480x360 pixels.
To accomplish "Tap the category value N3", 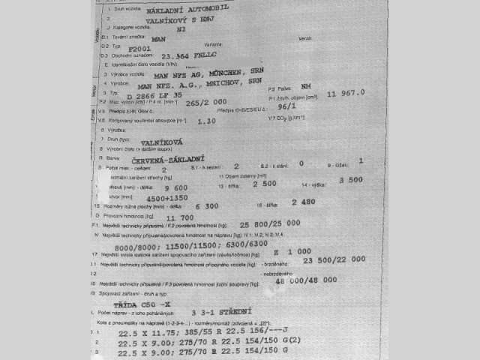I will click(180, 31).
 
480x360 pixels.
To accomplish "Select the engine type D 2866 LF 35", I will click(154, 97).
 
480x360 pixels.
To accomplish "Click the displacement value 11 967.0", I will click(346, 93).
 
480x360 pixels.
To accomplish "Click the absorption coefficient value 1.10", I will click(205, 120).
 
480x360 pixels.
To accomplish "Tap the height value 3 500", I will click(350, 180).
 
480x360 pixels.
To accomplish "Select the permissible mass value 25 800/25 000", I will click(270, 223).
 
